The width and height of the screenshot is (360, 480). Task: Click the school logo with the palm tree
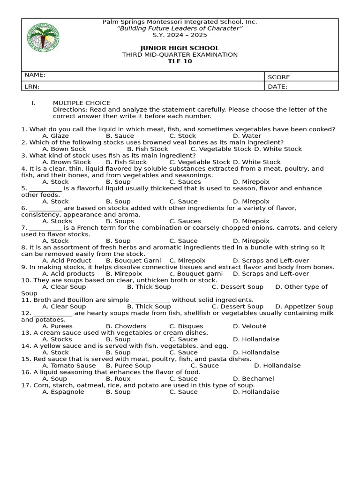pos(44,37)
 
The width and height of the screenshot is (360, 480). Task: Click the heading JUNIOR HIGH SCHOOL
pos(180,48)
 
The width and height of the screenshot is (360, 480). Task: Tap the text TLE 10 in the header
pos(180,61)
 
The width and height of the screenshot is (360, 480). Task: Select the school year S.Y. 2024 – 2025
pos(180,35)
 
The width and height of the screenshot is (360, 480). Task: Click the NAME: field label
pos(35,75)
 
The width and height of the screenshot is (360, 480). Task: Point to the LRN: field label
pos(32,87)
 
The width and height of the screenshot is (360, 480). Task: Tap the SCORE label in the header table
pos(279,77)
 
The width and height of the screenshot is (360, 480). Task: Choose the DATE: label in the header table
pos(277,87)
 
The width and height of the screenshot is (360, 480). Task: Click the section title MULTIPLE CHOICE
pos(82,103)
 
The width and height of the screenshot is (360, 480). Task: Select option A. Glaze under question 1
pos(55,136)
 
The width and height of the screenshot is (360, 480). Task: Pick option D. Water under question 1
pos(247,136)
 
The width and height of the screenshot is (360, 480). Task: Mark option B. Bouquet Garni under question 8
pos(133,261)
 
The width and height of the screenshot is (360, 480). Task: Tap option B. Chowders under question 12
pos(126,326)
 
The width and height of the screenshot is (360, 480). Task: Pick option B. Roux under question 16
pos(118,379)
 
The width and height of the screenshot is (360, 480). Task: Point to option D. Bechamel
pos(253,379)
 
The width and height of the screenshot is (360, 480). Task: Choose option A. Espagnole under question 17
pos(63,392)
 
